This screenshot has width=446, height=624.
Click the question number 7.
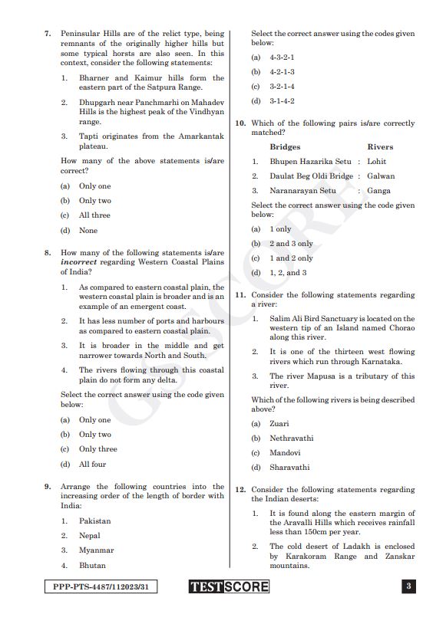pyautogui.click(x=47, y=34)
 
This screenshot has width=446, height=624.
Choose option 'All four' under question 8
pyautogui.click(x=92, y=464)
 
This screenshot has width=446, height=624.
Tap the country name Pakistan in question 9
pyautogui.click(x=94, y=521)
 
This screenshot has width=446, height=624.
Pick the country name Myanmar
pyautogui.click(x=96, y=550)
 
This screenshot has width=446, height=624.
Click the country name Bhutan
pyautogui.click(x=92, y=565)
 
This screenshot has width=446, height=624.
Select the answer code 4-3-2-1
pyautogui.click(x=282, y=57)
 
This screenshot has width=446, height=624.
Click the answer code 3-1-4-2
pyautogui.click(x=282, y=101)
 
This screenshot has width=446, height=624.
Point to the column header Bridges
pyautogui.click(x=285, y=146)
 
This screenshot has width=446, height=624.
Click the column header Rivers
pyautogui.click(x=380, y=146)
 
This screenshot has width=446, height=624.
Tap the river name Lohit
pyautogui.click(x=377, y=162)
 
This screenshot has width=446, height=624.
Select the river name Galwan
pyautogui.click(x=381, y=176)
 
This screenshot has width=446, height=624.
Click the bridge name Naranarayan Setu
pyautogui.click(x=302, y=191)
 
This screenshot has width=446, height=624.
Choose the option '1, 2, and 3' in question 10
pyautogui.click(x=288, y=273)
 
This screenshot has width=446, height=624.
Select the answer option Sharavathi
pyautogui.click(x=289, y=467)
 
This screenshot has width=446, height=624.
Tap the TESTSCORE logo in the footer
pyautogui.click(x=229, y=587)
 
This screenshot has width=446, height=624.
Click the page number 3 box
pyautogui.click(x=409, y=587)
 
